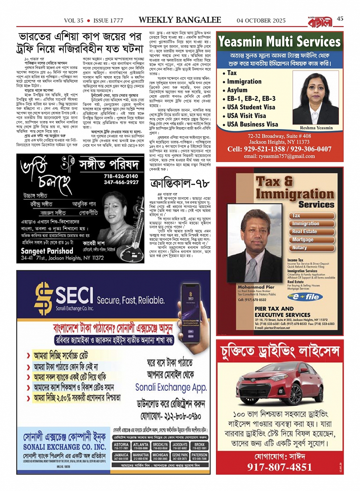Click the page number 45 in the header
[340, 19]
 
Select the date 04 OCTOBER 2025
[261, 21]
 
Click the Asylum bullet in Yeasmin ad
[237, 90]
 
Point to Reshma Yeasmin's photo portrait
[316, 97]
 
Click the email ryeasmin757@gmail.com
[279, 156]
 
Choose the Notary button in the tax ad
[299, 248]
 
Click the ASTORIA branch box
[121, 446]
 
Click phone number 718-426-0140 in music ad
[121, 176]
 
